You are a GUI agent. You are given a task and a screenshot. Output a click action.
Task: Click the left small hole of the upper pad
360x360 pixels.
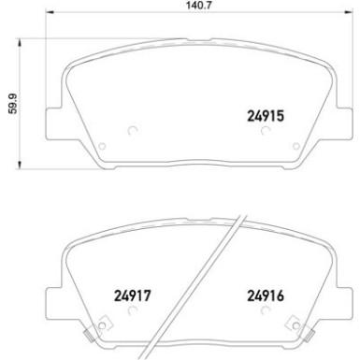point(103,144)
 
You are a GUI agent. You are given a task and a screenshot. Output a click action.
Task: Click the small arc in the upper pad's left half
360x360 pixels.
point(131,131)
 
